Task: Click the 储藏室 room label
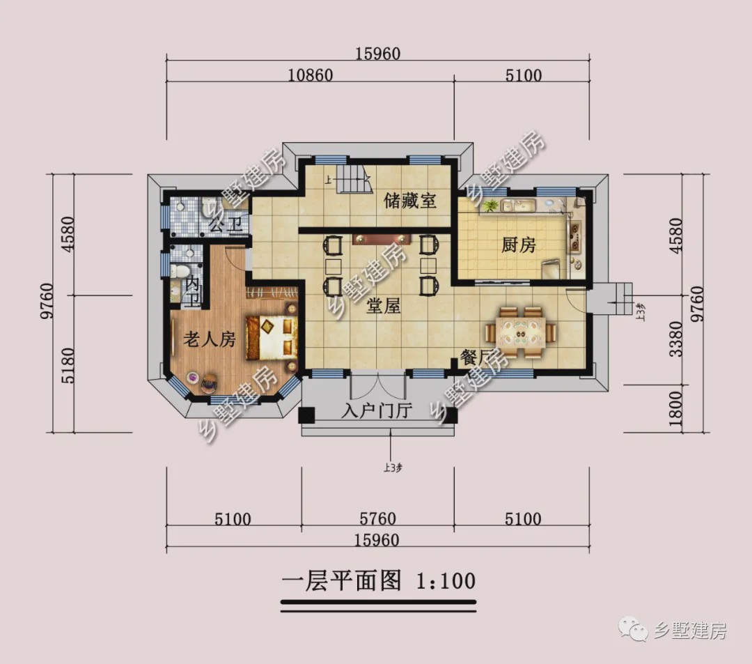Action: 410,201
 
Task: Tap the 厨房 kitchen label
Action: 519,245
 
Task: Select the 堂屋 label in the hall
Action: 384,305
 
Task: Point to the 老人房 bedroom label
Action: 209,340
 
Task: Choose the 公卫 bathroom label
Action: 226,224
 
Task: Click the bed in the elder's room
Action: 272,337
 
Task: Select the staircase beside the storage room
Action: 352,180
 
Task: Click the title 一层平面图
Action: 342,580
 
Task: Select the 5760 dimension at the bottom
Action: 377,519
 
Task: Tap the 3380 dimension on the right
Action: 675,339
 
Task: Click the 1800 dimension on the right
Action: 675,408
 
